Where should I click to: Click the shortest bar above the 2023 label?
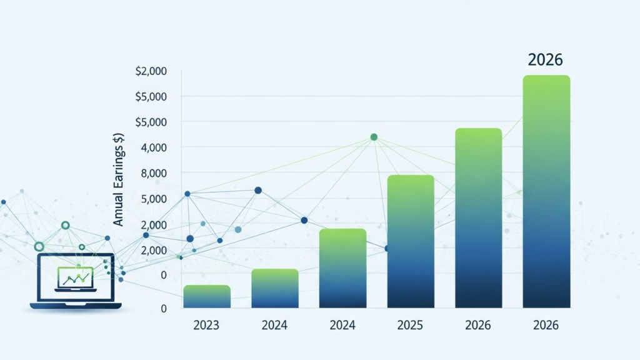pyautogui.click(x=207, y=296)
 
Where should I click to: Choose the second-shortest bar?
pyautogui.click(x=275, y=288)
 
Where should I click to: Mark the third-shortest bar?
pyautogui.click(x=342, y=268)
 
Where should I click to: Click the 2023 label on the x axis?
pyautogui.click(x=207, y=326)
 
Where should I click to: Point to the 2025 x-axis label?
pyautogui.click(x=410, y=326)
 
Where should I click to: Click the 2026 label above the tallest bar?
pyautogui.click(x=545, y=60)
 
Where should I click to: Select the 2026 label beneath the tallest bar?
pyautogui.click(x=546, y=326)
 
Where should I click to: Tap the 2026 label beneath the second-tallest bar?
pyautogui.click(x=478, y=326)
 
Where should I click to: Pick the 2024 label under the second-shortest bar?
pyautogui.click(x=275, y=326)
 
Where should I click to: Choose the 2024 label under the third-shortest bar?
pyautogui.click(x=342, y=326)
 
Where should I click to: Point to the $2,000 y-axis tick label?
pyautogui.click(x=151, y=71)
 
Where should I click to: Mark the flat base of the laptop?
pyautogui.click(x=76, y=306)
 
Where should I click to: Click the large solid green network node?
pyautogui.click(x=374, y=137)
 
